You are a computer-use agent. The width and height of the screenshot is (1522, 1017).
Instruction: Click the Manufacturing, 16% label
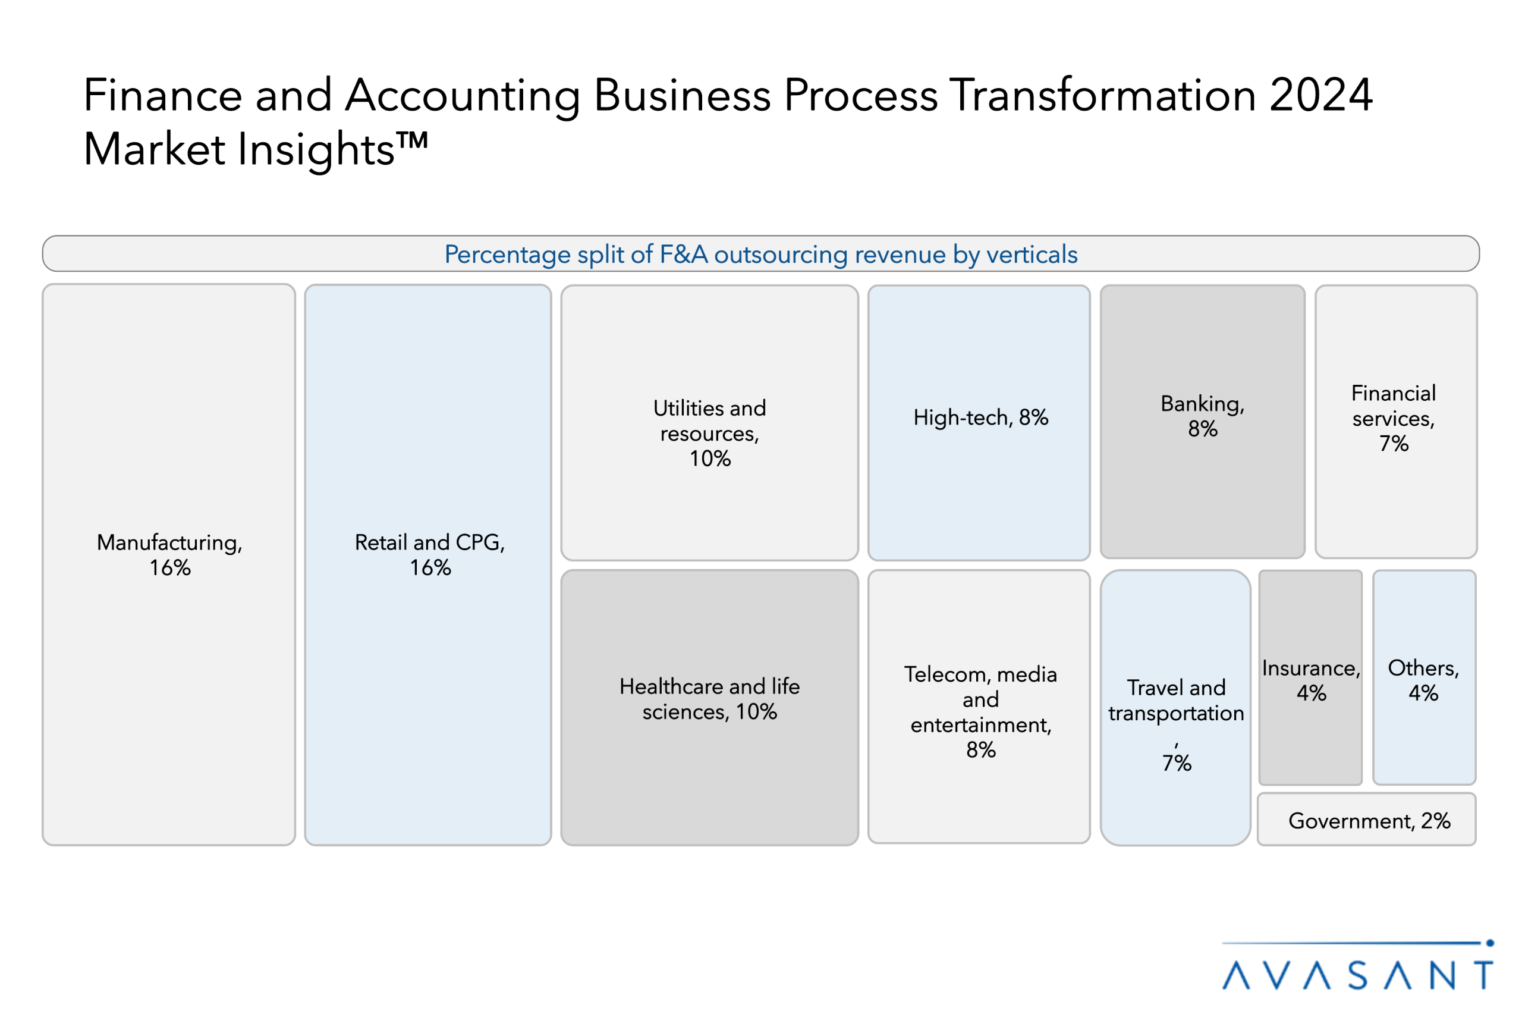(169, 554)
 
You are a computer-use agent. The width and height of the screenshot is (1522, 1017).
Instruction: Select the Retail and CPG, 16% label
(430, 554)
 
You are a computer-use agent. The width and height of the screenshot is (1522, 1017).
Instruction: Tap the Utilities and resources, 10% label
(709, 432)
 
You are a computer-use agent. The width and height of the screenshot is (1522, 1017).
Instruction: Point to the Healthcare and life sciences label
(709, 699)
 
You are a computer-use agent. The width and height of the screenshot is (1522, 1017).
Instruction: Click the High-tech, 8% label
(980, 417)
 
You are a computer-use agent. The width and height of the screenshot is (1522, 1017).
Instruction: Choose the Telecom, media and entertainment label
(980, 711)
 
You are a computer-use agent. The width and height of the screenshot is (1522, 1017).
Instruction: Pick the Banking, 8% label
(1202, 416)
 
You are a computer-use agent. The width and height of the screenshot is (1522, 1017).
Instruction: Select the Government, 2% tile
(1368, 821)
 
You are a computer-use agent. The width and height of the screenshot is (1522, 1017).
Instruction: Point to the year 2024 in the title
(1320, 95)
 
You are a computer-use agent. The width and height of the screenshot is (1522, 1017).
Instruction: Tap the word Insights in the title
(316, 150)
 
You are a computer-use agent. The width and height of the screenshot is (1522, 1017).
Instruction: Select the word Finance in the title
(163, 95)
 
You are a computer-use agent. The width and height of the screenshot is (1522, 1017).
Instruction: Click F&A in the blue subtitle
(683, 255)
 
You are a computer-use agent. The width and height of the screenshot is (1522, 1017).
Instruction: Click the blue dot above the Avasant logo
(1489, 943)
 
